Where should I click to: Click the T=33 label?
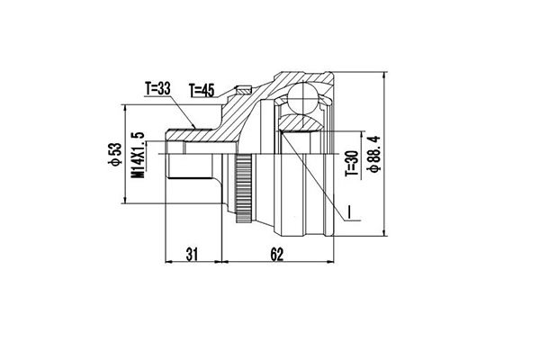click(x=157, y=88)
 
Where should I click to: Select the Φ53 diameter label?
click(x=115, y=155)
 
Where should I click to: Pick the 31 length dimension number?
click(x=193, y=255)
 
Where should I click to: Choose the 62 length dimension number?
click(x=275, y=255)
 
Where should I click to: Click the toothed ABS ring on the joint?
click(x=243, y=189)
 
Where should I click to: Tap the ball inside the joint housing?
click(x=303, y=99)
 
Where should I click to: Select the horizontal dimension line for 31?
click(x=193, y=264)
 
